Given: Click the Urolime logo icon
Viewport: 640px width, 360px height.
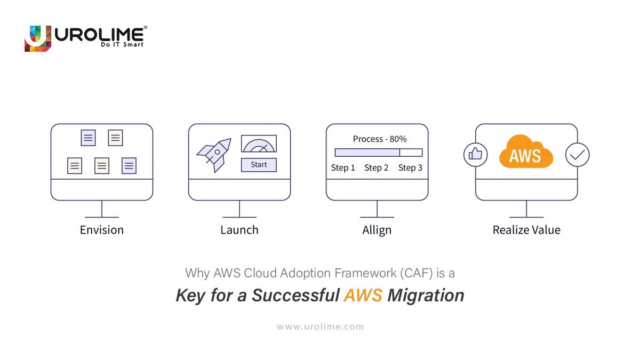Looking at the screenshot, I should (38, 38).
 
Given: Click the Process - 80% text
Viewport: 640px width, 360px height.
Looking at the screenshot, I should (380, 139).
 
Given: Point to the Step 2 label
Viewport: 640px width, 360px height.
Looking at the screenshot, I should (377, 168).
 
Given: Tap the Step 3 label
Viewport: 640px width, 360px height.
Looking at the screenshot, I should (410, 168).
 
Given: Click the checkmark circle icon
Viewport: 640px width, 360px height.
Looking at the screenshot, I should (577, 155).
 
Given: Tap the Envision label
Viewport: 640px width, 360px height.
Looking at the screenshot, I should (102, 230).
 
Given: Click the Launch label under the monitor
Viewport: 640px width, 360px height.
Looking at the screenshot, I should (239, 230).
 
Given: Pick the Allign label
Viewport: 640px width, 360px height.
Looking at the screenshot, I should (377, 230).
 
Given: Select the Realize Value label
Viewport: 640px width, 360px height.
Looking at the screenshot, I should (526, 230).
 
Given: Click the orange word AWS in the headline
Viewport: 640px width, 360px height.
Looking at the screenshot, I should (363, 295).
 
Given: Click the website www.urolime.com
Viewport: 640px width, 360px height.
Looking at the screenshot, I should (320, 326).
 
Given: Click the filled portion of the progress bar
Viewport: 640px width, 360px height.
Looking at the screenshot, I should (367, 153).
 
